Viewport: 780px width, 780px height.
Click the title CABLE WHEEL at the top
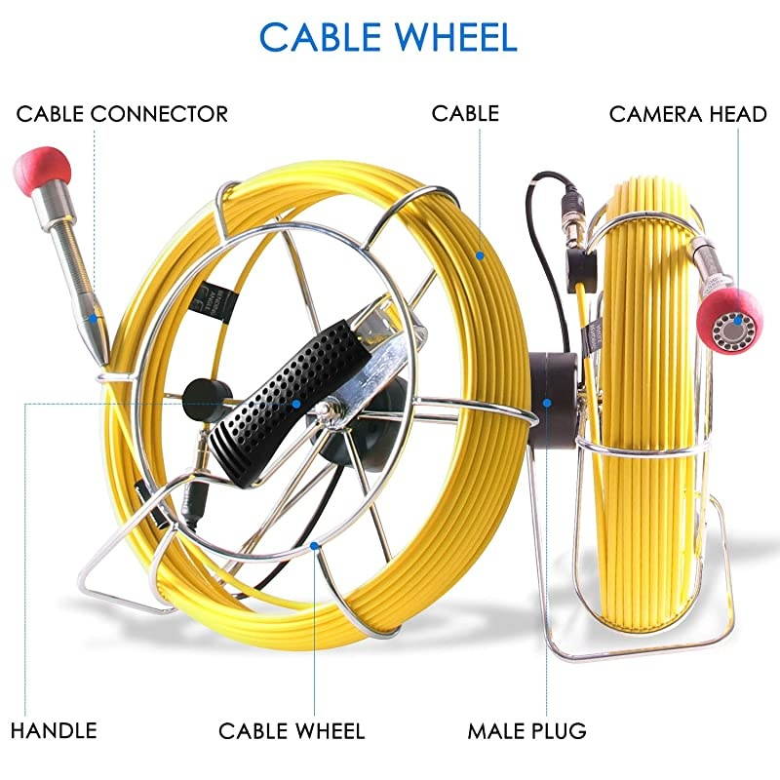click(x=387, y=37)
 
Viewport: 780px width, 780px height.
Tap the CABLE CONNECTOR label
click(x=122, y=114)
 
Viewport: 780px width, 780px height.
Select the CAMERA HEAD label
click(x=687, y=114)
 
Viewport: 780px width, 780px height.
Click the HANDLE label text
click(x=54, y=730)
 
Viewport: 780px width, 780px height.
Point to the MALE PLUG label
click(x=526, y=730)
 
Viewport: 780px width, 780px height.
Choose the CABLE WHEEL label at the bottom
click(x=292, y=730)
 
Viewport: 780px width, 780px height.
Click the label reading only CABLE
click(x=465, y=114)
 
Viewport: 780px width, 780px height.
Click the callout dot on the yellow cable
click(x=480, y=255)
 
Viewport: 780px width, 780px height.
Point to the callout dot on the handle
click(x=296, y=403)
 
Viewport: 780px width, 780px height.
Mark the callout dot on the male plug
click(x=547, y=402)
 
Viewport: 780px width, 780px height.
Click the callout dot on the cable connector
click(x=95, y=318)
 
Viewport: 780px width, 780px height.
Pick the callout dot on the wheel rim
click(x=315, y=546)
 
